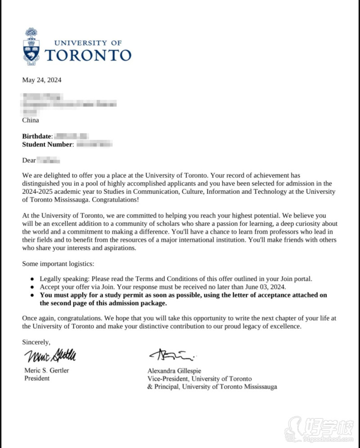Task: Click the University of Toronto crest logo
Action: [x=31, y=46]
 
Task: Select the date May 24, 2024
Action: [x=42, y=81]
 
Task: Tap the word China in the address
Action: [x=31, y=120]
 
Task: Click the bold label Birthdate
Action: [x=37, y=136]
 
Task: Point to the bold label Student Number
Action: [x=47, y=144]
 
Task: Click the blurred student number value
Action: [x=94, y=144]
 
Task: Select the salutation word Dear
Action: [x=29, y=160]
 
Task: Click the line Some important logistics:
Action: [x=58, y=264]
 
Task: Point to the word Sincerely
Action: [x=36, y=342]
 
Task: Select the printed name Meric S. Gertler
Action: [x=46, y=371]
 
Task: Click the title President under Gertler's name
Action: [x=37, y=378]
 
